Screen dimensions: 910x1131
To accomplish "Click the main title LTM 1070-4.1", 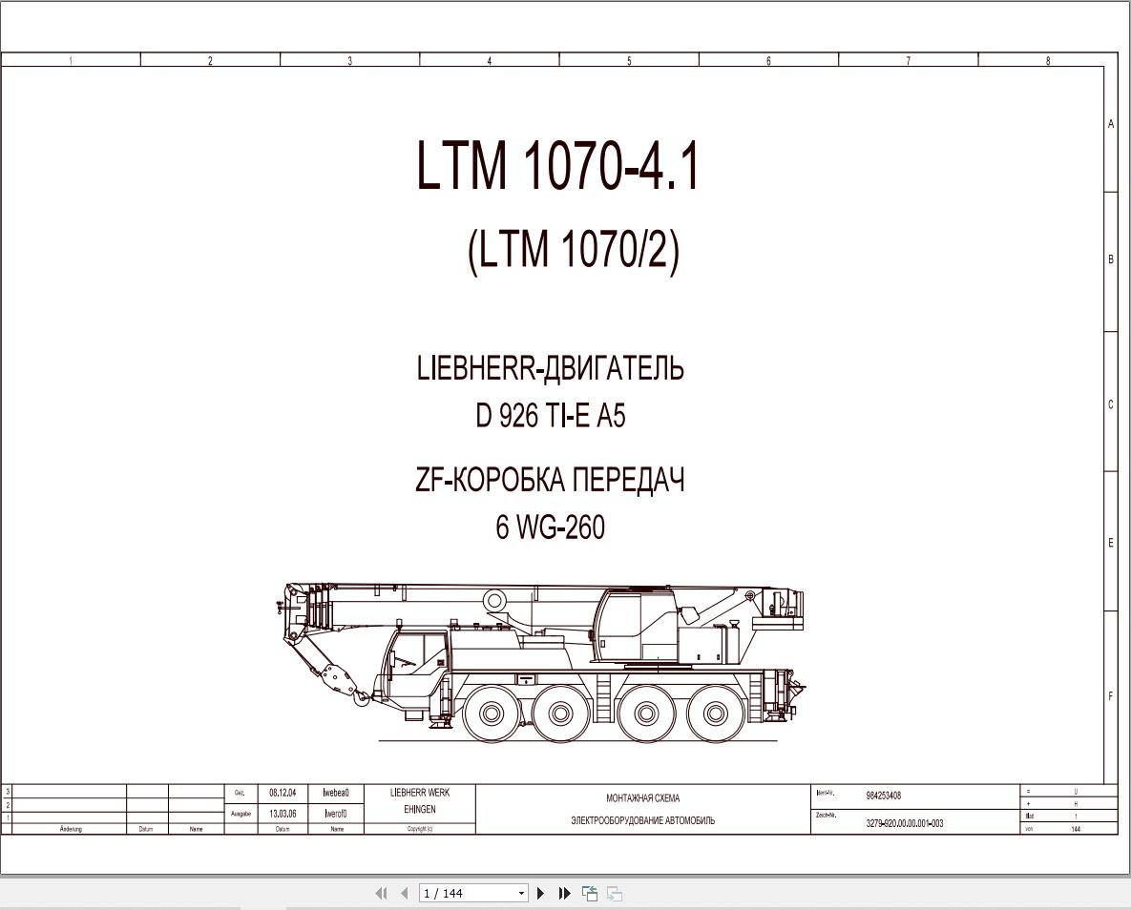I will click(x=558, y=166).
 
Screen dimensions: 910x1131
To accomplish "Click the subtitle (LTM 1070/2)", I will click(x=574, y=251).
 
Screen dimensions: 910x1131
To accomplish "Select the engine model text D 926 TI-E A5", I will click(x=551, y=416).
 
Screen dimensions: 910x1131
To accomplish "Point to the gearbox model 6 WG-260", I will click(x=550, y=527).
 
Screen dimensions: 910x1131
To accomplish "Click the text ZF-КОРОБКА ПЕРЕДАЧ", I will click(x=550, y=480).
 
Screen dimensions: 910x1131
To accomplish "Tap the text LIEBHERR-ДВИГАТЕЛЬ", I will click(x=550, y=368).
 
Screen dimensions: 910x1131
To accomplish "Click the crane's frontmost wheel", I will click(x=492, y=714).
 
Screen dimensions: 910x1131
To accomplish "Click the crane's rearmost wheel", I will click(x=716, y=714).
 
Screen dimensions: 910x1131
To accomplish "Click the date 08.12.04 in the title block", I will click(x=283, y=793).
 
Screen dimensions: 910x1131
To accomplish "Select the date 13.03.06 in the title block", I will click(x=283, y=814).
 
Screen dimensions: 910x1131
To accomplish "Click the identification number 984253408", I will click(x=883, y=796).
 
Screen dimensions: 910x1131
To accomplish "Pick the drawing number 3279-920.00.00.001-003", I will click(x=904, y=823).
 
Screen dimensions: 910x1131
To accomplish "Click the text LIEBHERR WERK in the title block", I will click(x=420, y=793).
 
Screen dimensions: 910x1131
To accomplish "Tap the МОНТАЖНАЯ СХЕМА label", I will click(x=642, y=798).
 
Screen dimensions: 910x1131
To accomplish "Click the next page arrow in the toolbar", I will click(x=540, y=894).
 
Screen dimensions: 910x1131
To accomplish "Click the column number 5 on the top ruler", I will click(x=629, y=61).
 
